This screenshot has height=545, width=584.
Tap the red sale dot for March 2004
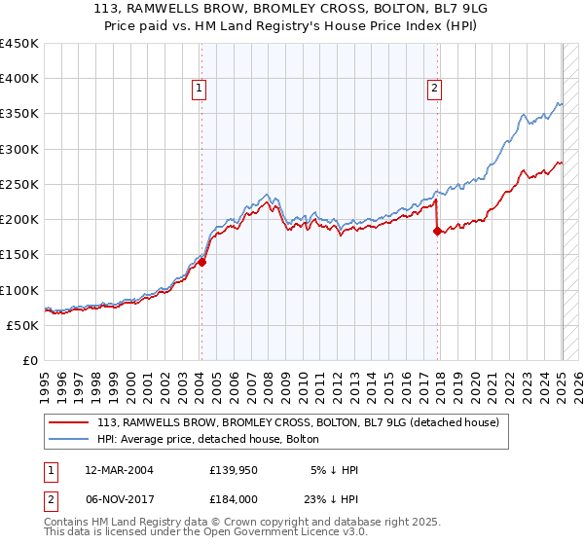point(202,261)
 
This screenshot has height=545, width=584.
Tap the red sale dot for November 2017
point(437,231)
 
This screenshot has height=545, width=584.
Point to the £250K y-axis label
point(19,184)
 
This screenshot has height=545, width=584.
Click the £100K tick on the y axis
point(19,290)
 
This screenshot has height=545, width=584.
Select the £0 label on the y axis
point(30,360)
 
